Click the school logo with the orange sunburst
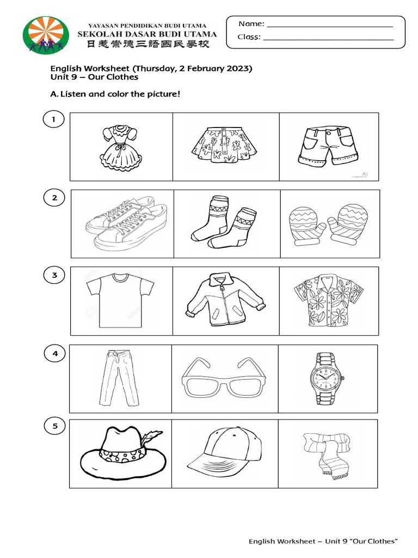pyautogui.click(x=46, y=36)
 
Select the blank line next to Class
pyautogui.click(x=328, y=39)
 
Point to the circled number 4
pyautogui.click(x=54, y=354)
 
